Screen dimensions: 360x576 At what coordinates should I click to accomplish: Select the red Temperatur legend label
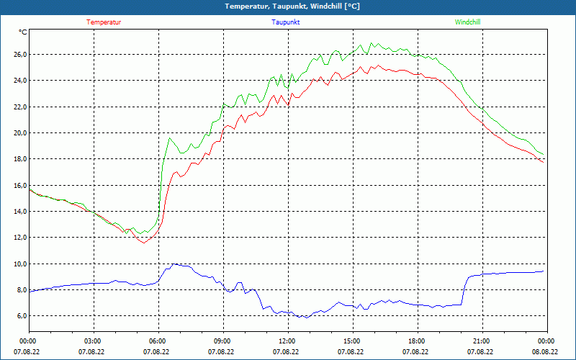[x=104, y=22]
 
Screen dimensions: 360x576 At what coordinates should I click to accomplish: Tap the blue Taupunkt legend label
[x=286, y=22]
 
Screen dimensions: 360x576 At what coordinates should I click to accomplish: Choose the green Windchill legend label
[x=468, y=22]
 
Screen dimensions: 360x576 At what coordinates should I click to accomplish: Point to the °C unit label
[x=23, y=32]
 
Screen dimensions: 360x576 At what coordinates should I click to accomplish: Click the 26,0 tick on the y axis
[x=19, y=55]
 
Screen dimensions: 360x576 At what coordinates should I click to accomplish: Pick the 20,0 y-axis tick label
[x=19, y=133]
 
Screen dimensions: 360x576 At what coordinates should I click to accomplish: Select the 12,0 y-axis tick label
[x=19, y=238]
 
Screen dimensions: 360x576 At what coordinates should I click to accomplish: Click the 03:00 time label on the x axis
[x=93, y=341]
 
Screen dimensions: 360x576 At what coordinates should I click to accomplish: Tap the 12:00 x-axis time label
[x=287, y=341]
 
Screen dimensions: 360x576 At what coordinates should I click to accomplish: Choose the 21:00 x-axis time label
[x=481, y=341]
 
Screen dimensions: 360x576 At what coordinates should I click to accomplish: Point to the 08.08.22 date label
[x=545, y=352]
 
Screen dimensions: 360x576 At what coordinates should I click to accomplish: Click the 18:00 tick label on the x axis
[x=416, y=341]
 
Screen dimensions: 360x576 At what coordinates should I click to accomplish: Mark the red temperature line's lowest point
[x=143, y=243]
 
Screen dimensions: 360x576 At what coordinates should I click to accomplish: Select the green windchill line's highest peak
[x=372, y=42]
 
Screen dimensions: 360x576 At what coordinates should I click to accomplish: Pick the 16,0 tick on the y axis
[x=19, y=186]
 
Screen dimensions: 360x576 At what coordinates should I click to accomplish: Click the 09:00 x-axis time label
[x=222, y=341]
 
